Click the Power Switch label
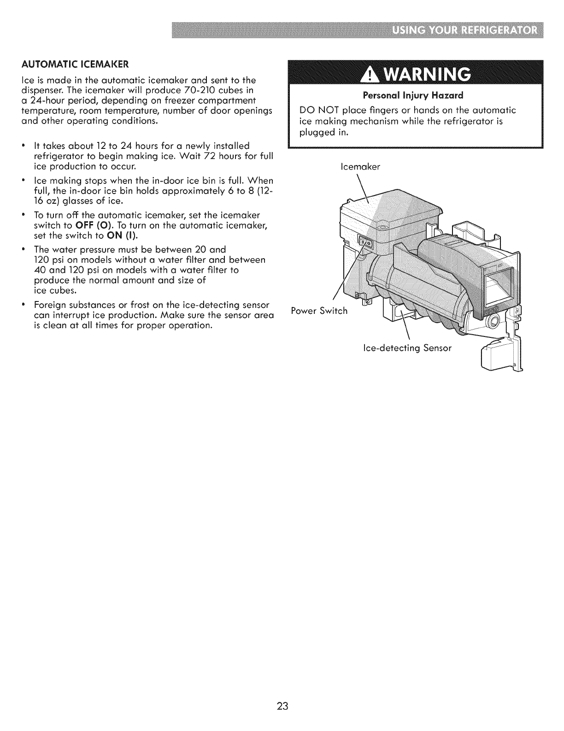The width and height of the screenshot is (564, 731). (x=320, y=311)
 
